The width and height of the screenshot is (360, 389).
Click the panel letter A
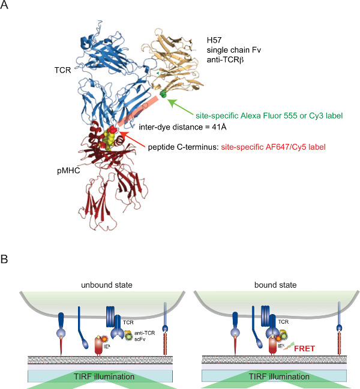click(7, 7)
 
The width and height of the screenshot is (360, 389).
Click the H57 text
click(211, 40)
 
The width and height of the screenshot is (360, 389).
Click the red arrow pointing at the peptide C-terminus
click(131, 135)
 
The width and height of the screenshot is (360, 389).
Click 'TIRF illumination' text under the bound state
click(274, 376)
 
